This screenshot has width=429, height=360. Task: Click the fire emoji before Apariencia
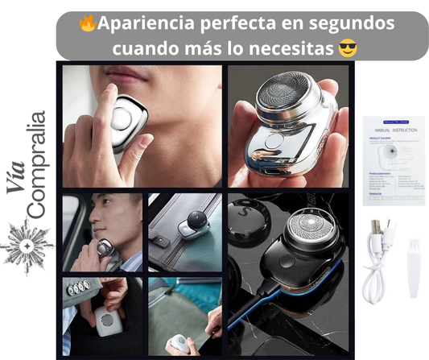tap(87, 23)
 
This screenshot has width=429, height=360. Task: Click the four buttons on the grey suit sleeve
tap(79, 288)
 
